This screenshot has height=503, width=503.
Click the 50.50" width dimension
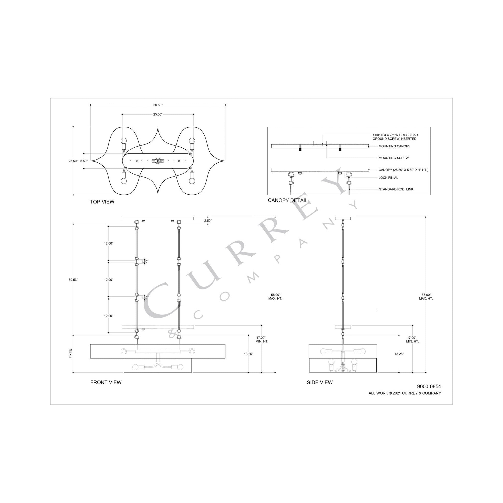[x=158, y=105]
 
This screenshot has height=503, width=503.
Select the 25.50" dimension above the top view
[x=158, y=115]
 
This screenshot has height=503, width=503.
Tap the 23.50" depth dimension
[x=73, y=161]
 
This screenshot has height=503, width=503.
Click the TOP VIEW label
[x=102, y=202]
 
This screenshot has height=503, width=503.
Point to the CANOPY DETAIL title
[x=288, y=201]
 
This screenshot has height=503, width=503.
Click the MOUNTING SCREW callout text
[x=393, y=158]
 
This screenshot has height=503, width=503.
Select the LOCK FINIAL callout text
[x=388, y=178]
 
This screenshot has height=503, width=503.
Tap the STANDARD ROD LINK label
[x=396, y=189]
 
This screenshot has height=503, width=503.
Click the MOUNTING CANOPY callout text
[x=394, y=146]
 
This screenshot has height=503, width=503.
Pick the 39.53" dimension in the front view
[x=73, y=280]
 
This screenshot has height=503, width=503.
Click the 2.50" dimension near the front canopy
[x=208, y=220]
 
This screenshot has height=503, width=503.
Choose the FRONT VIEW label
[x=106, y=383]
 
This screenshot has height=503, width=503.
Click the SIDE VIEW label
[x=320, y=383]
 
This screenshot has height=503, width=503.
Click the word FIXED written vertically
[x=71, y=354]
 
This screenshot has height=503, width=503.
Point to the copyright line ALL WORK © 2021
[x=405, y=393]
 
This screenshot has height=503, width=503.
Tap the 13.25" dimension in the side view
[x=399, y=354]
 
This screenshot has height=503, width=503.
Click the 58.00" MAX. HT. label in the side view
[x=426, y=296]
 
